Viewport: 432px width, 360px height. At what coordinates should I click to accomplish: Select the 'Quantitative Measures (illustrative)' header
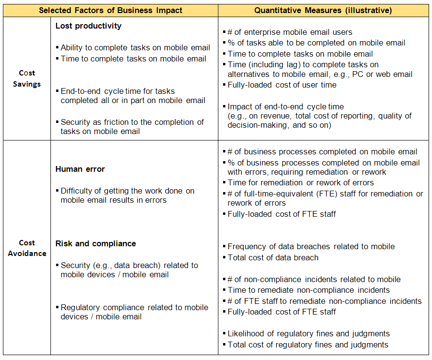click(x=323, y=10)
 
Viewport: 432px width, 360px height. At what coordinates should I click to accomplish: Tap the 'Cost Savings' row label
click(x=27, y=78)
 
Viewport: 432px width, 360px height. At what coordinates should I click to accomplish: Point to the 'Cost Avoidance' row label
click(x=27, y=248)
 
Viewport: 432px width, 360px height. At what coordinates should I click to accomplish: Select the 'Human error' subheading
click(x=80, y=169)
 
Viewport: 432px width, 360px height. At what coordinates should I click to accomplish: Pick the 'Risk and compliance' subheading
click(x=96, y=243)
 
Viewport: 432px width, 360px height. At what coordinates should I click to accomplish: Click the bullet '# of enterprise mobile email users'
click(x=290, y=32)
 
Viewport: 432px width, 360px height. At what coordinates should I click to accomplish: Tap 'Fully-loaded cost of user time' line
click(x=282, y=85)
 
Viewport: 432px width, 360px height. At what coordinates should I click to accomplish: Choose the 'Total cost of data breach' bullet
click(x=273, y=257)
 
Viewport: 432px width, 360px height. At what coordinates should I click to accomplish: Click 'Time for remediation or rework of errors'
click(x=300, y=183)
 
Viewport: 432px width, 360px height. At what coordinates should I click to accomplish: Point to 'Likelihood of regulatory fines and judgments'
click(x=308, y=333)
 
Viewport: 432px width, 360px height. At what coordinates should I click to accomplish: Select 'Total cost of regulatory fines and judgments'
click(x=308, y=345)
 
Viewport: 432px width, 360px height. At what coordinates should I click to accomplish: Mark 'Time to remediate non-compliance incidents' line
click(x=309, y=290)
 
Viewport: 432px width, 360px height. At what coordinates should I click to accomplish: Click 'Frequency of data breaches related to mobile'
click(x=311, y=247)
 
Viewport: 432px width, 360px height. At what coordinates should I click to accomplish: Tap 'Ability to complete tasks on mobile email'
click(x=135, y=48)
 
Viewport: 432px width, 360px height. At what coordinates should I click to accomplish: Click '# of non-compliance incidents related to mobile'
click(x=314, y=279)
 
